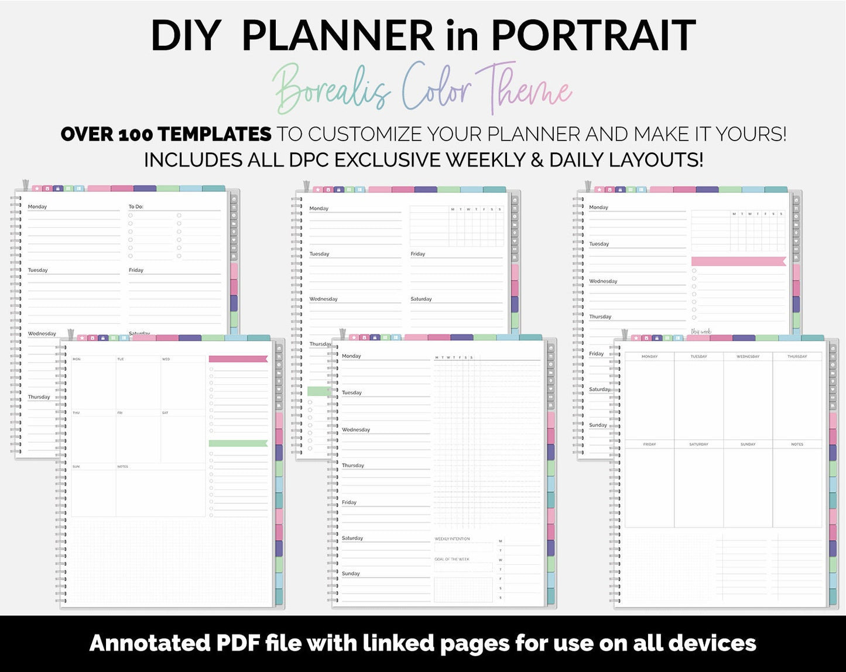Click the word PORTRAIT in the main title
(592, 36)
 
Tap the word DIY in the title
(185, 36)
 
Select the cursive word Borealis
(331, 90)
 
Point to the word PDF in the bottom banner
(238, 643)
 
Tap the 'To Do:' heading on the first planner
(136, 207)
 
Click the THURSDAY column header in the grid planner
(797, 356)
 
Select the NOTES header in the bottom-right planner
(797, 444)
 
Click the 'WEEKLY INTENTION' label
(452, 539)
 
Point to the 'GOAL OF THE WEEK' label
(452, 560)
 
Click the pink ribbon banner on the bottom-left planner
(238, 359)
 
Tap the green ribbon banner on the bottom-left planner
(238, 444)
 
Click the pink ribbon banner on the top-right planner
(738, 261)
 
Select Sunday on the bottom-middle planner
(351, 574)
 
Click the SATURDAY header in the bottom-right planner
(698, 444)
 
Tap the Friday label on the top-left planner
(136, 270)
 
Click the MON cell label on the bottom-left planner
(77, 359)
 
